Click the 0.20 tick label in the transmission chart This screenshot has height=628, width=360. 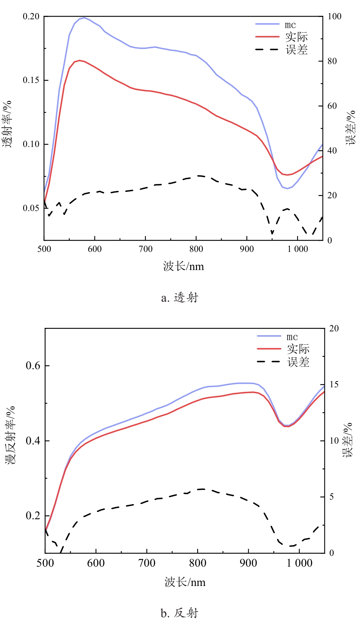(x=31, y=16)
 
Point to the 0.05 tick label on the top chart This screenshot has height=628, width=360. (x=31, y=208)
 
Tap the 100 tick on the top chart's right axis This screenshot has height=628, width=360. (x=335, y=16)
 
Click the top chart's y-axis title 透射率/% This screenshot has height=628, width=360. (x=7, y=124)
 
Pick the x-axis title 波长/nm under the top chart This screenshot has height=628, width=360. (x=183, y=266)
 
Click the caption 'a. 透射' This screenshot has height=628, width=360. (x=179, y=298)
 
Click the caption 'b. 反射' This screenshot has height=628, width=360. (x=179, y=613)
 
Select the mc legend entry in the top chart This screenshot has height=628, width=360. (x=291, y=25)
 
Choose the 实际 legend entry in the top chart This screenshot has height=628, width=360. (x=296, y=37)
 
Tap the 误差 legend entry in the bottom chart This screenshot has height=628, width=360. (x=298, y=362)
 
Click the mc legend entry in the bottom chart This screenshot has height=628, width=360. (x=292, y=337)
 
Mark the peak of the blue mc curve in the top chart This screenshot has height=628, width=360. (x=84, y=18)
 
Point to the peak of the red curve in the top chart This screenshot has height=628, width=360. (x=79, y=60)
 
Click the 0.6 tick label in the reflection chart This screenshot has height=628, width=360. (x=33, y=366)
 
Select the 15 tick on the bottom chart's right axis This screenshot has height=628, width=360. (x=334, y=385)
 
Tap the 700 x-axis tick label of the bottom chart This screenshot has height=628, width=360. (x=147, y=563)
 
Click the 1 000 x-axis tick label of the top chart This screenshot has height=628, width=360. (x=297, y=249)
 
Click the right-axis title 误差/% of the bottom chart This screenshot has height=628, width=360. (x=348, y=440)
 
